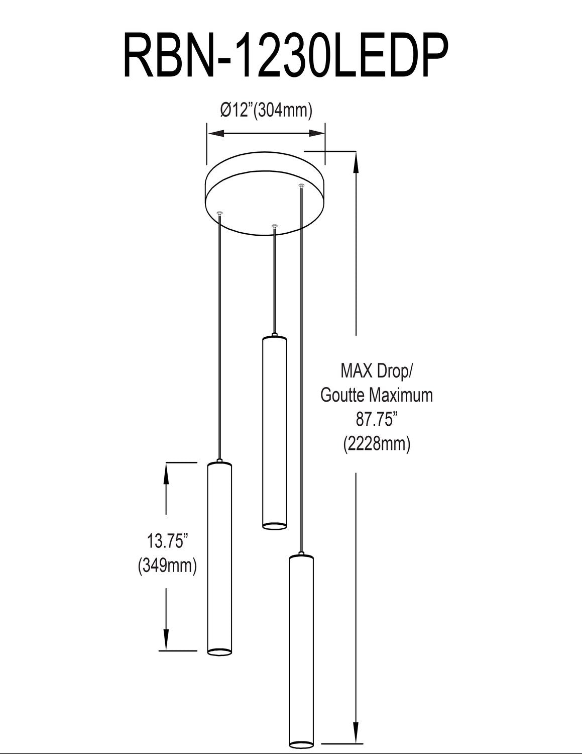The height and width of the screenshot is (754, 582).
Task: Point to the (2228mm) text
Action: (377, 443)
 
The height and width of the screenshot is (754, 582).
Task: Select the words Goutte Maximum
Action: (376, 395)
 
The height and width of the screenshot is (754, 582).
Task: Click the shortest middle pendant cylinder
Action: (274, 432)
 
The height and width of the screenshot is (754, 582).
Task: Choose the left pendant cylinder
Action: (219, 558)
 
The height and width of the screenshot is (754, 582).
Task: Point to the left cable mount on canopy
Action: (219, 214)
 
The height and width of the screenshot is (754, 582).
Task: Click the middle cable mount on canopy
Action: (274, 227)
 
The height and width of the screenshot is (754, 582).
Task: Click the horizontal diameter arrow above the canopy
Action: (266, 133)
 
